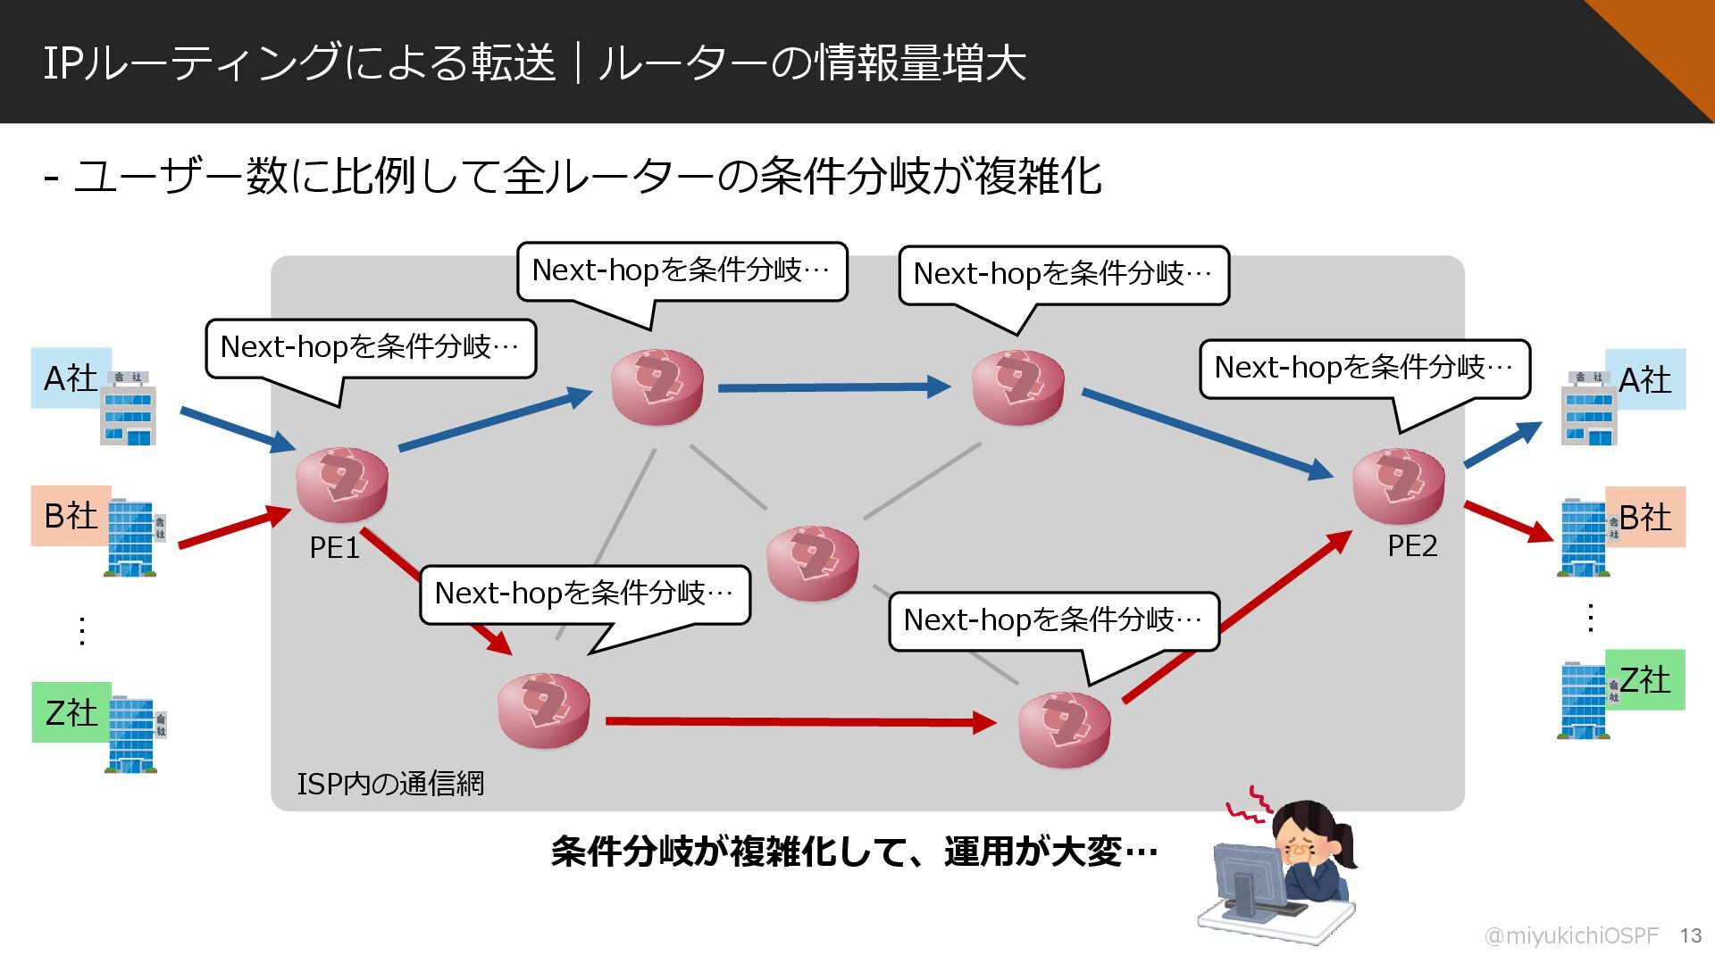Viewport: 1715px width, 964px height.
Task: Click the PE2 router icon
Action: (x=1398, y=486)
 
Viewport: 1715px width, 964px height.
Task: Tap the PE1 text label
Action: (x=334, y=547)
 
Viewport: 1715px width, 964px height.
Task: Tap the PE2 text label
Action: (x=1412, y=545)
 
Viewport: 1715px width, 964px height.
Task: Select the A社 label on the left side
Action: (x=70, y=378)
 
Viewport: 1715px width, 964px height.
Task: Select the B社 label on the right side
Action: (x=1645, y=517)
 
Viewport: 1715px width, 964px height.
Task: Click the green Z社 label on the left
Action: (x=71, y=712)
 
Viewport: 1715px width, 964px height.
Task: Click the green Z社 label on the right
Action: (x=1645, y=680)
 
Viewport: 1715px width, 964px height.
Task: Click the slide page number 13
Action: (x=1690, y=935)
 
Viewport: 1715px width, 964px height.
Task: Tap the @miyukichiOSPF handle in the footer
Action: (x=1570, y=935)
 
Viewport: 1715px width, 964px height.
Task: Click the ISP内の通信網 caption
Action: (x=390, y=784)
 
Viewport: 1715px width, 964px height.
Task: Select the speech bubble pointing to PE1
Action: (x=371, y=347)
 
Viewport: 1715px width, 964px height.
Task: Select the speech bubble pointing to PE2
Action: (x=1364, y=367)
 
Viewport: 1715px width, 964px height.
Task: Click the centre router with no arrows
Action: (x=813, y=562)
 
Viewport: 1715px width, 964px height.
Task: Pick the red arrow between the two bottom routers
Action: (x=799, y=721)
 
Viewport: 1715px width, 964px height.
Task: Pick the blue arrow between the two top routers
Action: (x=832, y=387)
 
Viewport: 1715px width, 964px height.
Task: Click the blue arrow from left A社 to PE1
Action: (x=237, y=429)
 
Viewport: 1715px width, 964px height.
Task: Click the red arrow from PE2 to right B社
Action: (x=1509, y=521)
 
